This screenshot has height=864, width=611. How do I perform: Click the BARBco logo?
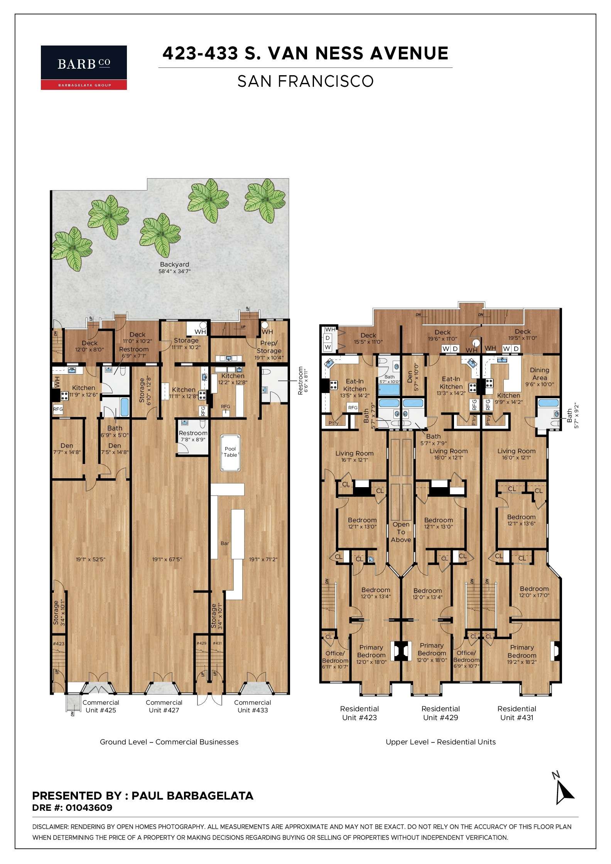(x=84, y=67)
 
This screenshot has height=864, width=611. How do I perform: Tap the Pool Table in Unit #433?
(x=230, y=452)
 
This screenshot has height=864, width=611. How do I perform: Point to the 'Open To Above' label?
(x=401, y=532)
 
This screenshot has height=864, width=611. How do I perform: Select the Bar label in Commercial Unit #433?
(x=224, y=543)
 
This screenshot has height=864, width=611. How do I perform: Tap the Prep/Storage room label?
(x=269, y=347)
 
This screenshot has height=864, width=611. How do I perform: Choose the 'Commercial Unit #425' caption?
(x=100, y=706)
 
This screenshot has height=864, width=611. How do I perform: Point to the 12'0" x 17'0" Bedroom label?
(x=534, y=592)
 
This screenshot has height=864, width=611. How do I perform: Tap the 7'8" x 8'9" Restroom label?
(x=193, y=436)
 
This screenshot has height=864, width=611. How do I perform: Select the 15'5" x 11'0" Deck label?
(x=368, y=338)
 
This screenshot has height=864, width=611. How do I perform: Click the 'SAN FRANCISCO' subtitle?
(x=305, y=81)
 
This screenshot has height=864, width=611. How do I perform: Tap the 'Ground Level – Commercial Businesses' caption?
(x=169, y=742)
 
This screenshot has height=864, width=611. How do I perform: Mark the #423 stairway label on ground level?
(x=58, y=643)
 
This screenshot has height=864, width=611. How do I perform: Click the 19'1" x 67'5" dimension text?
(x=167, y=559)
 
